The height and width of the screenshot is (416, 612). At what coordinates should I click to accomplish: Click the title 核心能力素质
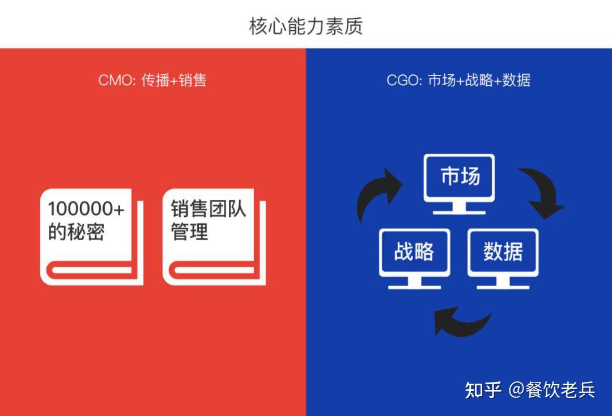(305, 26)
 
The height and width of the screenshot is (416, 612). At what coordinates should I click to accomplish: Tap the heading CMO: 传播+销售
(152, 80)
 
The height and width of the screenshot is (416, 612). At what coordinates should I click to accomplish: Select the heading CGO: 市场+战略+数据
(458, 80)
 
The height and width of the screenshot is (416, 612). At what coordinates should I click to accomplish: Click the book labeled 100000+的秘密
(91, 237)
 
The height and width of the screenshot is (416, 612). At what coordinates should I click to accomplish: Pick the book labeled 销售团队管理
(214, 237)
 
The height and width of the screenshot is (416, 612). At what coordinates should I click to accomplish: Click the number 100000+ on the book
(86, 209)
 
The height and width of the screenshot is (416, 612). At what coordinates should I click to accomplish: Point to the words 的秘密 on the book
(76, 232)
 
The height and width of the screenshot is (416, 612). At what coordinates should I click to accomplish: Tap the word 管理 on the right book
(190, 232)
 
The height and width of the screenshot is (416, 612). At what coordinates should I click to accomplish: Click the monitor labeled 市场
(460, 178)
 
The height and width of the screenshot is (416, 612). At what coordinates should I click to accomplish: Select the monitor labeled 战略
(414, 251)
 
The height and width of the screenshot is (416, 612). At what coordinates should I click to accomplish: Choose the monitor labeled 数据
(503, 251)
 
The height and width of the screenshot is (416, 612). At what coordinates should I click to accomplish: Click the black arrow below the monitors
(461, 321)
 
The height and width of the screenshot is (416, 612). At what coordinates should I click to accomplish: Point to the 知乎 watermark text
(483, 390)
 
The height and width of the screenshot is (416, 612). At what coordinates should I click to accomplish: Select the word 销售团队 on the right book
(209, 209)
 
